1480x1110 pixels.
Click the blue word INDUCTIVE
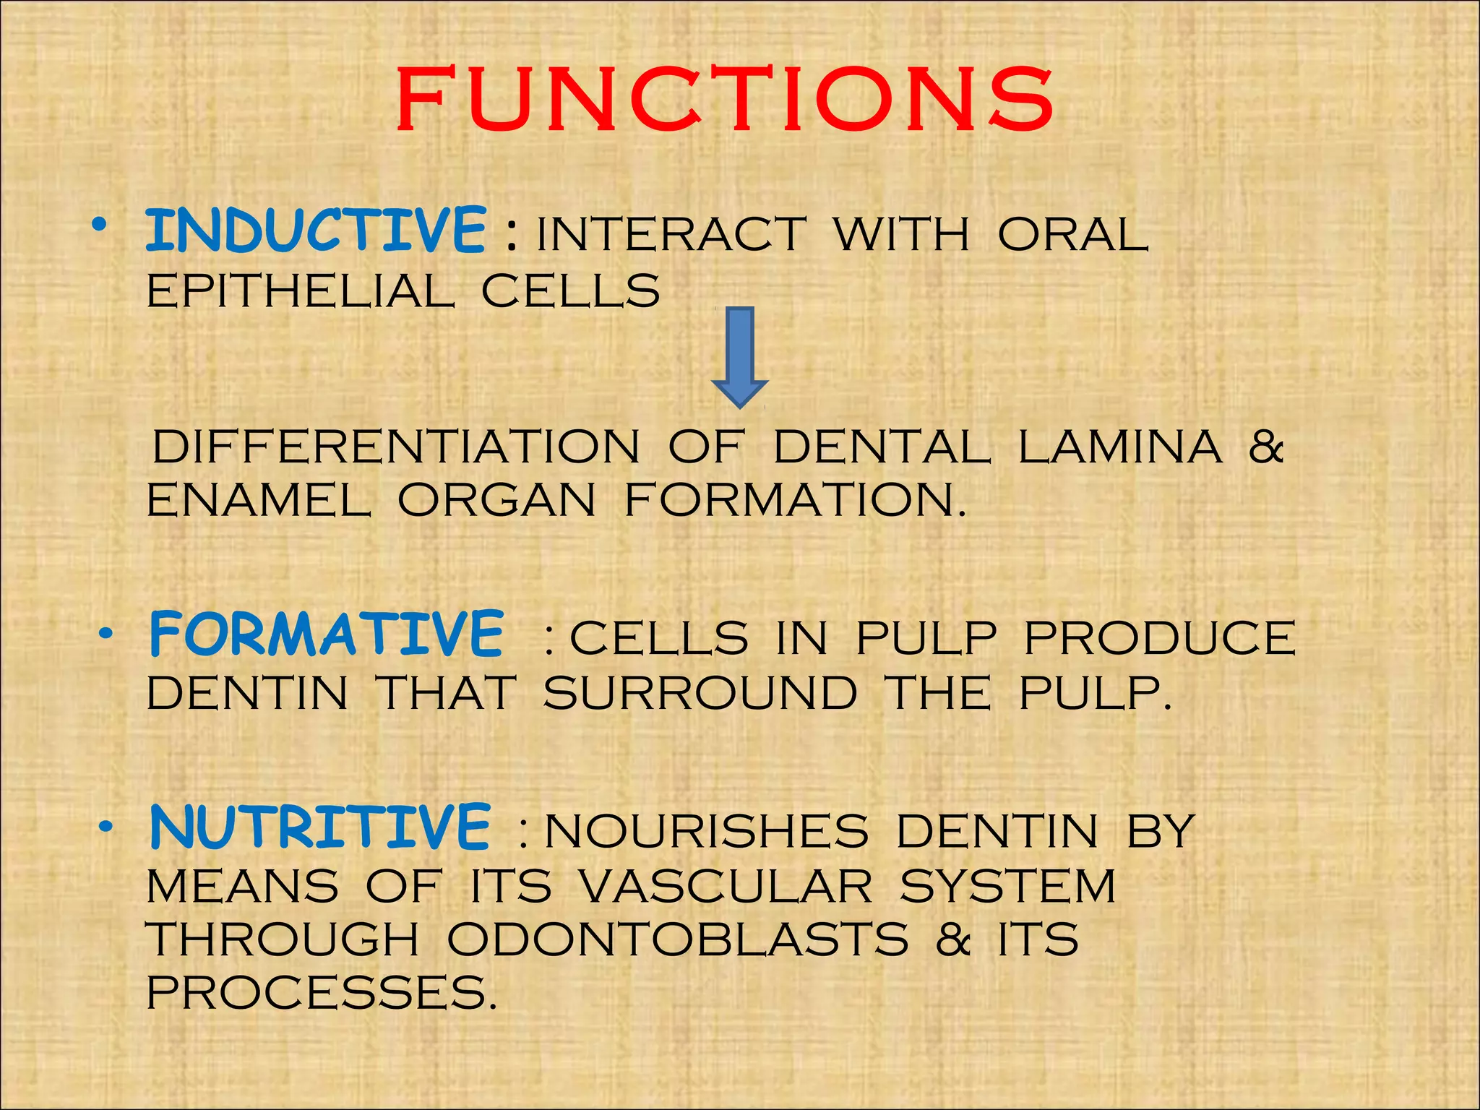316,231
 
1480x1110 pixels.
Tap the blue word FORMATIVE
326,634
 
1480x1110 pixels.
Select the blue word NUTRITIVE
320,827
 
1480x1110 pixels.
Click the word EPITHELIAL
301,291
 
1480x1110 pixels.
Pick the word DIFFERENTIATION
396,447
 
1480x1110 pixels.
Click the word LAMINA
1120,447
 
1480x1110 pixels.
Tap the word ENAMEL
259,500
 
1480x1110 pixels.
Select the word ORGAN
497,500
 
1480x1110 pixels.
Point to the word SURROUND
700,694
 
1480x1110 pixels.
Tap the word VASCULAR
726,886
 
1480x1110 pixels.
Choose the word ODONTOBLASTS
677,939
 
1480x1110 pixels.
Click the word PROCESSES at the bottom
322,992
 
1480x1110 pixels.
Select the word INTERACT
671,235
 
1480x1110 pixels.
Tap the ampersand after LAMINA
1265,447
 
